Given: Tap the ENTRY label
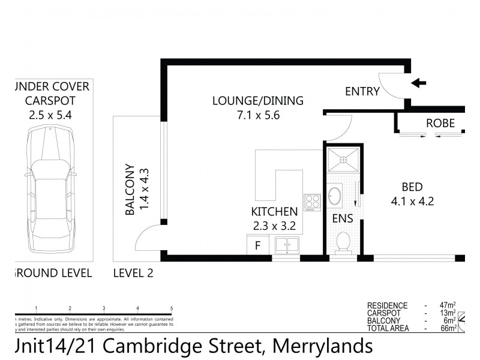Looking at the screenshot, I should tap(362, 92).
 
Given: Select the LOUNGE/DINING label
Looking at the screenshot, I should tap(258, 100).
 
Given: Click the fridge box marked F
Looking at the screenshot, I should tap(258, 245).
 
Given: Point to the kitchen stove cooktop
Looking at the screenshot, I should tap(312, 202).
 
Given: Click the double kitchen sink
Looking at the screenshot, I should tap(286, 245).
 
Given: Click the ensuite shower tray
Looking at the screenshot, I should tap(343, 161).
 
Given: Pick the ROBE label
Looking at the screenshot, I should tap(440, 124).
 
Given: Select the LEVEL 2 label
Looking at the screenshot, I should tap(133, 274).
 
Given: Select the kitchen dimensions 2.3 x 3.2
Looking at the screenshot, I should tap(274, 226).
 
